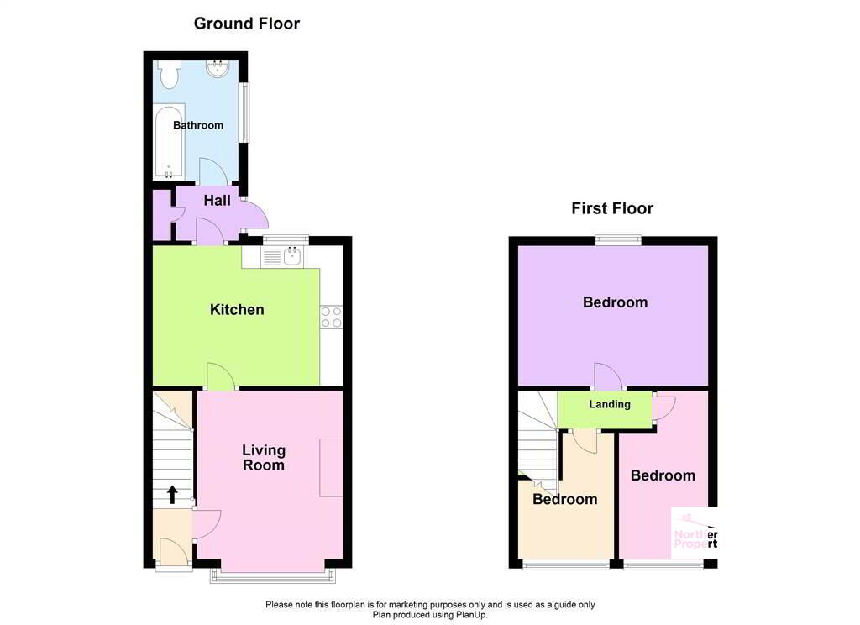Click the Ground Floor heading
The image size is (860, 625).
pos(246,24)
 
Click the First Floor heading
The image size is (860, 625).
pos(612,208)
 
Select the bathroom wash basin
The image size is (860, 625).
pos(220,68)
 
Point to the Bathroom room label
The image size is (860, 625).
pos(198,125)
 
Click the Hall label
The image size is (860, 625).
pos(217,201)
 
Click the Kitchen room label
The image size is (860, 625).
pos(237,310)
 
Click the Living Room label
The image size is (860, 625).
pos(264,458)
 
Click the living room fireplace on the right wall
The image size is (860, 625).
pos(331,467)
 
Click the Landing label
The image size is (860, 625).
pos(609,404)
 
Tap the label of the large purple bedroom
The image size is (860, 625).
pos(615,302)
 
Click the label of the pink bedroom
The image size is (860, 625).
pos(663,475)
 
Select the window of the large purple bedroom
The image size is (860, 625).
pos(619,240)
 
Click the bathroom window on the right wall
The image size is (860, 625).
pos(244,112)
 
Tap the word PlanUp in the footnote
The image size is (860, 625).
pos(469,615)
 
